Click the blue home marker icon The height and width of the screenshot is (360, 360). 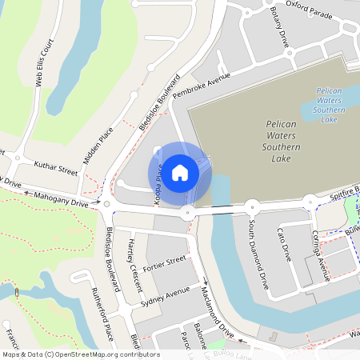(x=180, y=172)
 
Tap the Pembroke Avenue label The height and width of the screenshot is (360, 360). (x=201, y=85)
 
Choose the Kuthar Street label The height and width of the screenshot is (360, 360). (x=55, y=166)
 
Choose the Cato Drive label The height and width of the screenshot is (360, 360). (x=285, y=245)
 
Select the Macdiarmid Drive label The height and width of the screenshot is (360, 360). (x=217, y=308)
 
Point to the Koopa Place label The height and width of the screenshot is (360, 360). (x=159, y=186)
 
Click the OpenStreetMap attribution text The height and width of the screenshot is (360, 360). (x=80, y=354)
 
